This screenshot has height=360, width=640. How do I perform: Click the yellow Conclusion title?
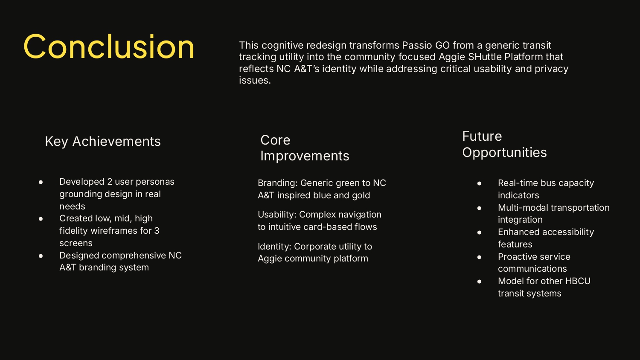(x=109, y=46)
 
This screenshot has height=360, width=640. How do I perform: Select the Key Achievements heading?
(x=103, y=142)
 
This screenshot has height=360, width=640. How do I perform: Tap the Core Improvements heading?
(x=305, y=148)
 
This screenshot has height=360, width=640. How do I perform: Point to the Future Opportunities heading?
(x=504, y=144)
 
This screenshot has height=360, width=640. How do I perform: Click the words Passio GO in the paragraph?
(x=426, y=45)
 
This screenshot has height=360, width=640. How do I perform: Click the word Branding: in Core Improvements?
(x=278, y=183)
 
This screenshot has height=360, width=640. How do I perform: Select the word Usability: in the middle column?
(x=277, y=215)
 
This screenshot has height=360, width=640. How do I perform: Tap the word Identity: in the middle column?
(x=275, y=246)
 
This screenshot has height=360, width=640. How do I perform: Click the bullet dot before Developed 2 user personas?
(x=41, y=182)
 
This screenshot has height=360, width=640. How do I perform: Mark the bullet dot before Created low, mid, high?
(x=41, y=219)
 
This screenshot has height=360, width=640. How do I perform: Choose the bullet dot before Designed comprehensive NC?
(x=41, y=256)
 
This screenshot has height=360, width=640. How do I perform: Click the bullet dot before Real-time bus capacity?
(x=479, y=183)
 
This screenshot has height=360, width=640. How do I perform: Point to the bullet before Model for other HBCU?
(x=479, y=282)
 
